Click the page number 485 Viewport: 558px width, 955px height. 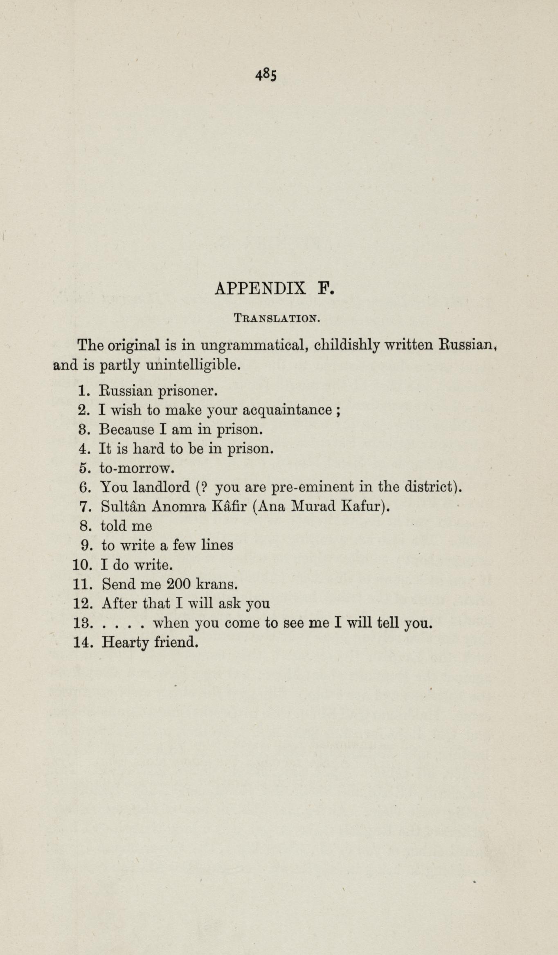(x=266, y=75)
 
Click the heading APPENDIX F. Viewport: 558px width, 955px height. (x=274, y=288)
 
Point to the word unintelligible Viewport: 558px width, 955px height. (x=192, y=365)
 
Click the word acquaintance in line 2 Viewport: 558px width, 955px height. (x=287, y=410)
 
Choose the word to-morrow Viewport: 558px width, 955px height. (x=137, y=468)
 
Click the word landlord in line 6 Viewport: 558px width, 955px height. (x=162, y=487)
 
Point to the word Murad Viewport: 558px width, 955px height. (x=313, y=507)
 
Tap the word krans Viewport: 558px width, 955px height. (x=217, y=584)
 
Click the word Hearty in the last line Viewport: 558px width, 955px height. (x=125, y=643)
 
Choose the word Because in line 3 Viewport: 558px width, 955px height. (x=127, y=429)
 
